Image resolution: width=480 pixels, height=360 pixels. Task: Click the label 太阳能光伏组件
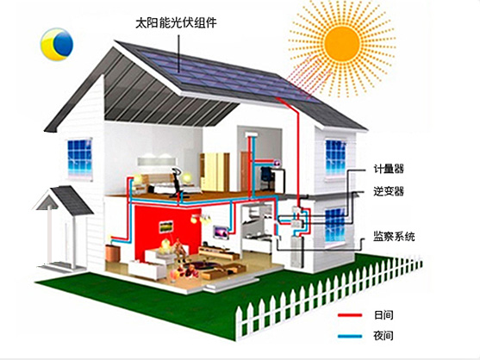[176, 23]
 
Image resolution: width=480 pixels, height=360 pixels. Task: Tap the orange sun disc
[341, 43]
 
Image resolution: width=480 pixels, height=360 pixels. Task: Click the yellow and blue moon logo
[57, 44]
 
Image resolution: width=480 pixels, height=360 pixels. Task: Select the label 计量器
[389, 169]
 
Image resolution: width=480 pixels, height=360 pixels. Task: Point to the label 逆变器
[389, 191]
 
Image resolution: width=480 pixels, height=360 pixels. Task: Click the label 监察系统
[394, 236]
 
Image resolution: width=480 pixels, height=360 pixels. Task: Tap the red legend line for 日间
[350, 315]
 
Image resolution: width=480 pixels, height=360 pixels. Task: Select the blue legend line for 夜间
[350, 336]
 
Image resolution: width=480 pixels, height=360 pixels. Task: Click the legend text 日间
[383, 315]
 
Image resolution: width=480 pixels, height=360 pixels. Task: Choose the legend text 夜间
[383, 336]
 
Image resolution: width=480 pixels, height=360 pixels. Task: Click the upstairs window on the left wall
[79, 158]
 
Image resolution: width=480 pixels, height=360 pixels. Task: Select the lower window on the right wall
[335, 225]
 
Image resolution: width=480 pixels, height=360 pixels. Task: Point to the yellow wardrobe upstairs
[215, 172]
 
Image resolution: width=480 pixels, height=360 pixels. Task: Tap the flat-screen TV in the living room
[221, 233]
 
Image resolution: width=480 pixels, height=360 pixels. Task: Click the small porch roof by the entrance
[64, 200]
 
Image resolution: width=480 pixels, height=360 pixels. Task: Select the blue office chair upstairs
[266, 178]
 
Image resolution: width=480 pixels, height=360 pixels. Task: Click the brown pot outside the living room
[112, 252]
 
